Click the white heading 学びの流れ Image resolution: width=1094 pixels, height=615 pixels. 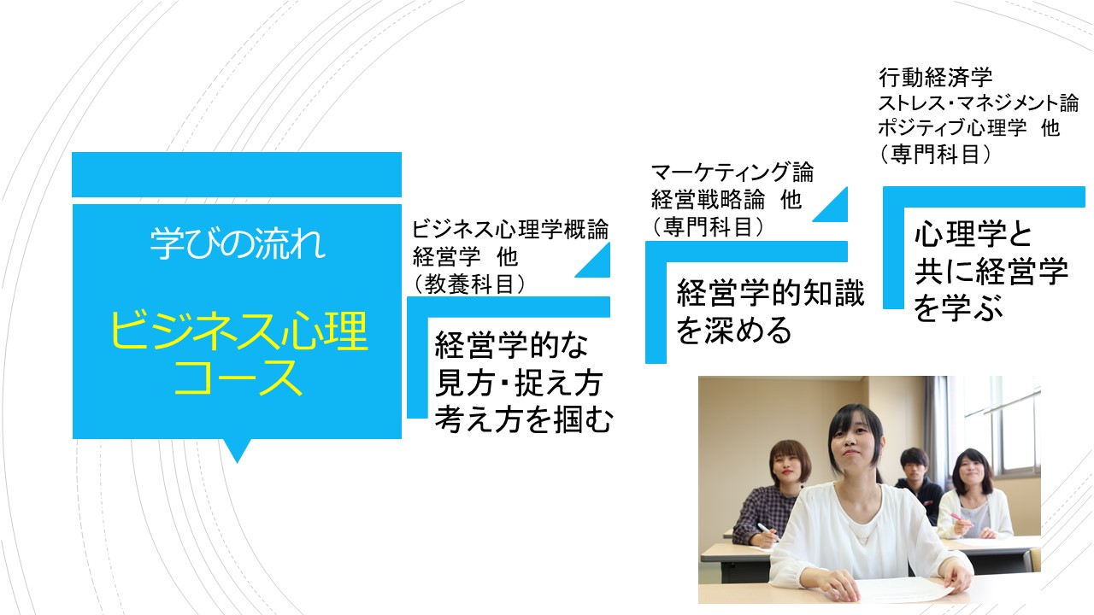click(238, 243)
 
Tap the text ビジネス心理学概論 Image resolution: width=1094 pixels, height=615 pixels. click(510, 229)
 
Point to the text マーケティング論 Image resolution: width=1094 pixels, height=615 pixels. click(732, 173)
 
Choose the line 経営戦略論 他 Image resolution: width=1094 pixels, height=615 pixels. click(726, 199)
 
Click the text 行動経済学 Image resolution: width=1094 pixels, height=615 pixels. click(936, 77)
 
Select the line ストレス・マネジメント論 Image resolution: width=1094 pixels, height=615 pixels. click(979, 103)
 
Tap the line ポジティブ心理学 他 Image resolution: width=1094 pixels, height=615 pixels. click(969, 128)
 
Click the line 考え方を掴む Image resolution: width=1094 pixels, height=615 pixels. click(523, 419)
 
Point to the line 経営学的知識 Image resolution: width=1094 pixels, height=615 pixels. click(770, 292)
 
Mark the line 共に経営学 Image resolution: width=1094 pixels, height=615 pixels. click(991, 271)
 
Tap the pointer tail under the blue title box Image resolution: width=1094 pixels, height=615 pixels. click(238, 449)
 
